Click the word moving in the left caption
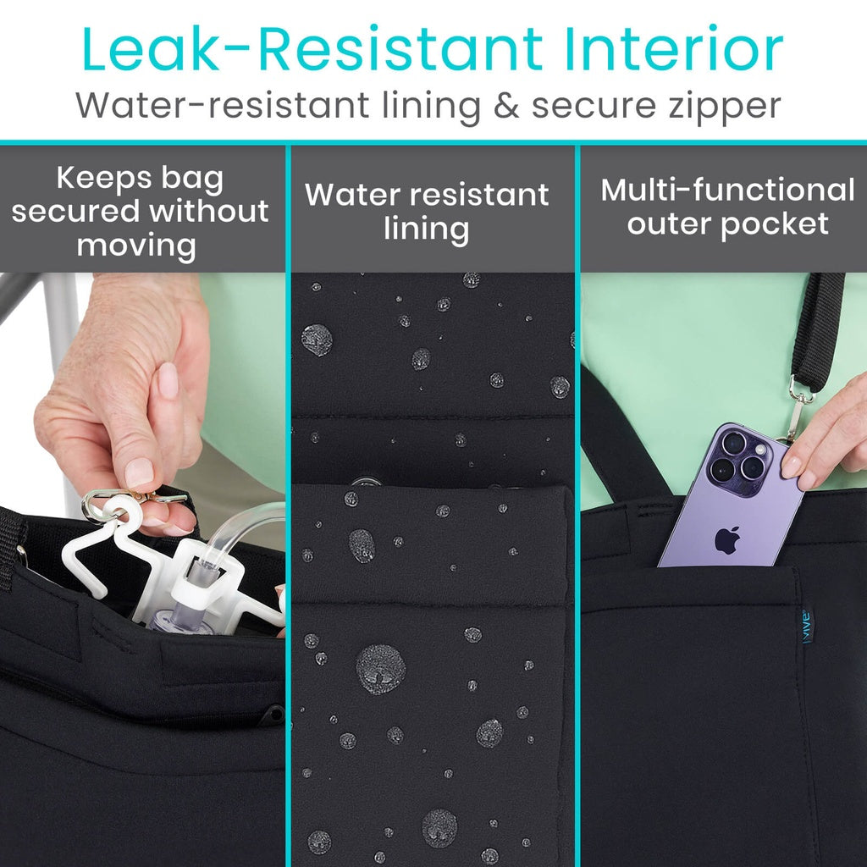pos(136,246)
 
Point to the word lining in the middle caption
pos(426,229)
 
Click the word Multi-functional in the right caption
pos(727,190)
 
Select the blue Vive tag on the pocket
pos(807,627)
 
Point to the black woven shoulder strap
pos(817,330)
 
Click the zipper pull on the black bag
pos(273,715)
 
